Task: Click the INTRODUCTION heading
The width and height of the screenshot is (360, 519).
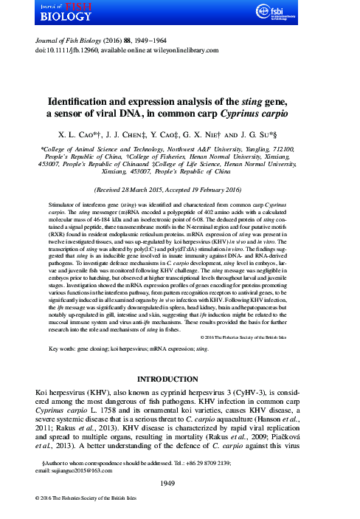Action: coord(179,379)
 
